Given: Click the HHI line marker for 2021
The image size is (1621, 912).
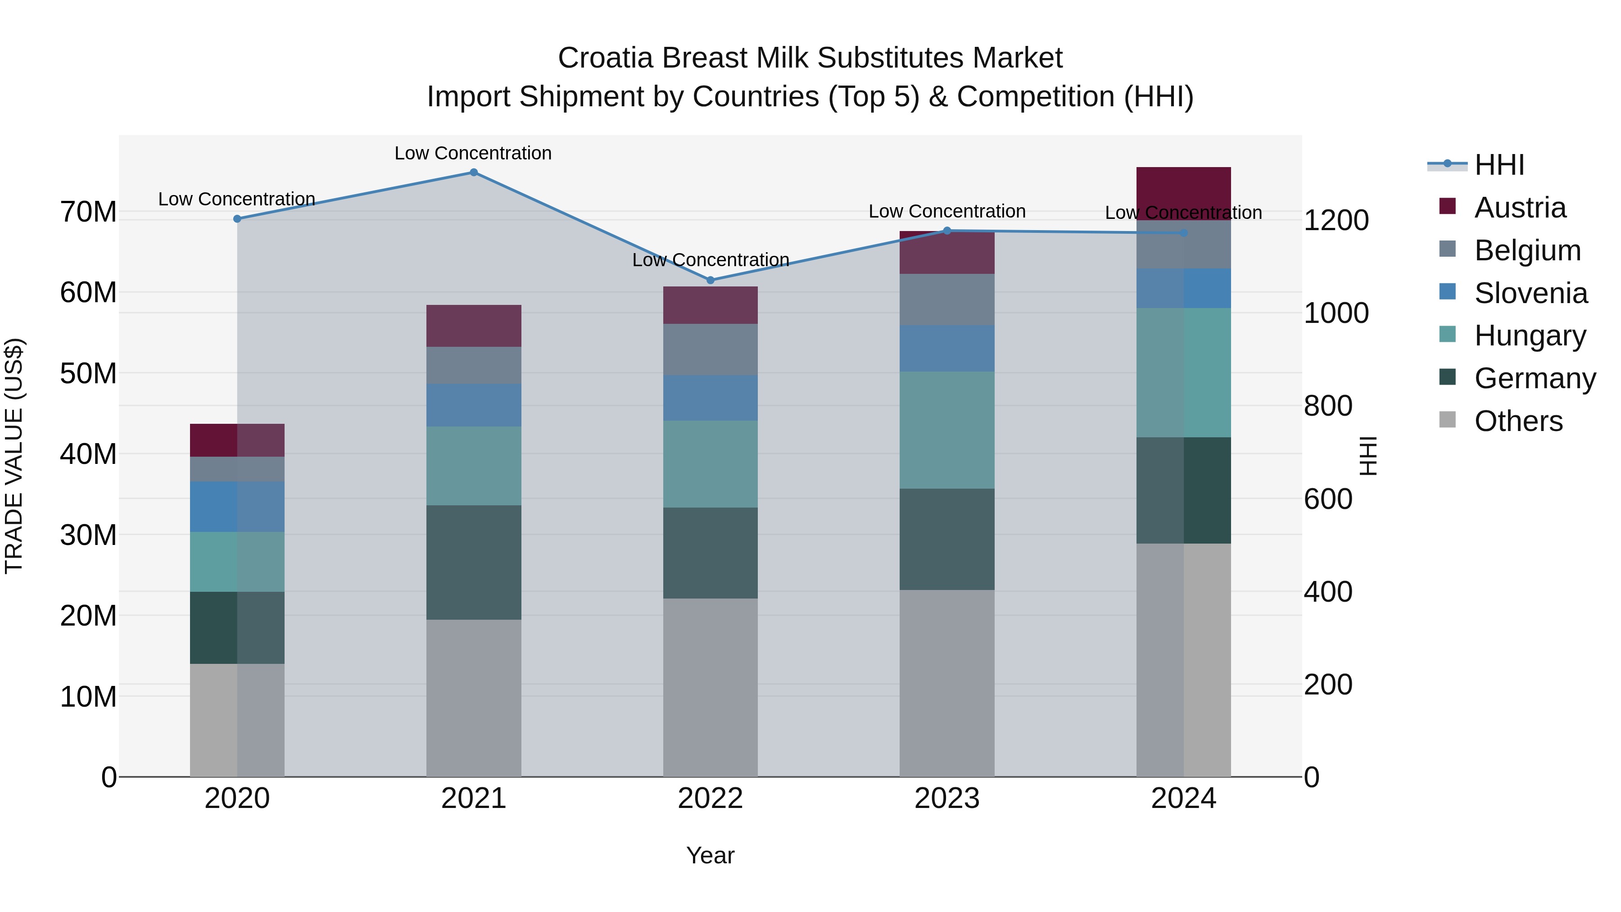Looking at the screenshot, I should tap(474, 172).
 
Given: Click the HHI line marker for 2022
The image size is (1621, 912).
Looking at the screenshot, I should tap(711, 280).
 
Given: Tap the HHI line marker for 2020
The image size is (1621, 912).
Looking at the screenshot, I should tap(237, 219).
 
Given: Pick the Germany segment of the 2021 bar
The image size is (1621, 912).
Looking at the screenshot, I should tap(474, 562).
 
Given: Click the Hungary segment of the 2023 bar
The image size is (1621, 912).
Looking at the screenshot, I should tap(947, 430).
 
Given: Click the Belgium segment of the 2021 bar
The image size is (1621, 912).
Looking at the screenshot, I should tap(474, 365).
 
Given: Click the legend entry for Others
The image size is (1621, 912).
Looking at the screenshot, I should tap(1518, 421).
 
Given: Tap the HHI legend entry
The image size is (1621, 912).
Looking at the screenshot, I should tap(1498, 165).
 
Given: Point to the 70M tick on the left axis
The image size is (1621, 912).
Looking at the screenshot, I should tap(88, 212).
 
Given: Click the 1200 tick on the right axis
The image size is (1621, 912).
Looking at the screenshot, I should tap(1336, 220).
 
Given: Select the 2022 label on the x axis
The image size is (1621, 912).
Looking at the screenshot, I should tap(711, 799).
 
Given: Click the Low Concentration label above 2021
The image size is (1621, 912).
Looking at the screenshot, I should tap(473, 153).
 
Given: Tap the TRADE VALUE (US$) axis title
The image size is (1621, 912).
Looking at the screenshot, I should tap(14, 456).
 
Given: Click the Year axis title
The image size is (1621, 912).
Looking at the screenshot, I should tap(711, 855).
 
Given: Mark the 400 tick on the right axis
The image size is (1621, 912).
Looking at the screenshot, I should tap(1328, 592).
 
